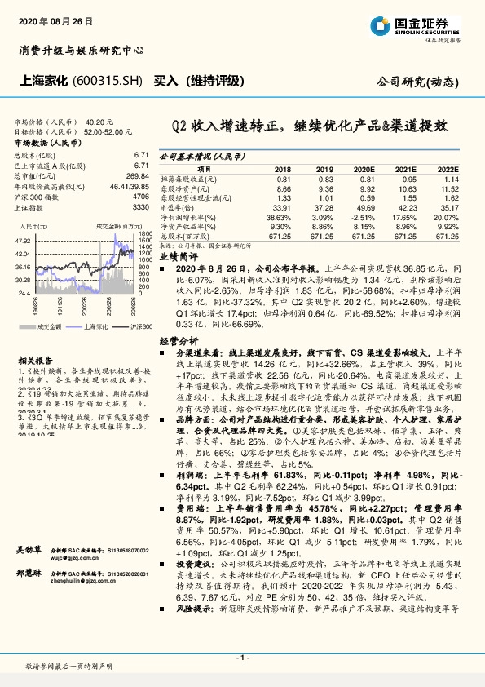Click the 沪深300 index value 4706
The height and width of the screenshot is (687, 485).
tap(139, 197)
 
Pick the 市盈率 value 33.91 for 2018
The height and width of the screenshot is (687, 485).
tap(282, 208)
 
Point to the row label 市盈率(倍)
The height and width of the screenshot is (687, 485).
tap(177, 208)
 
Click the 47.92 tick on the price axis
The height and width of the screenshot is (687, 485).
tap(23, 242)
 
